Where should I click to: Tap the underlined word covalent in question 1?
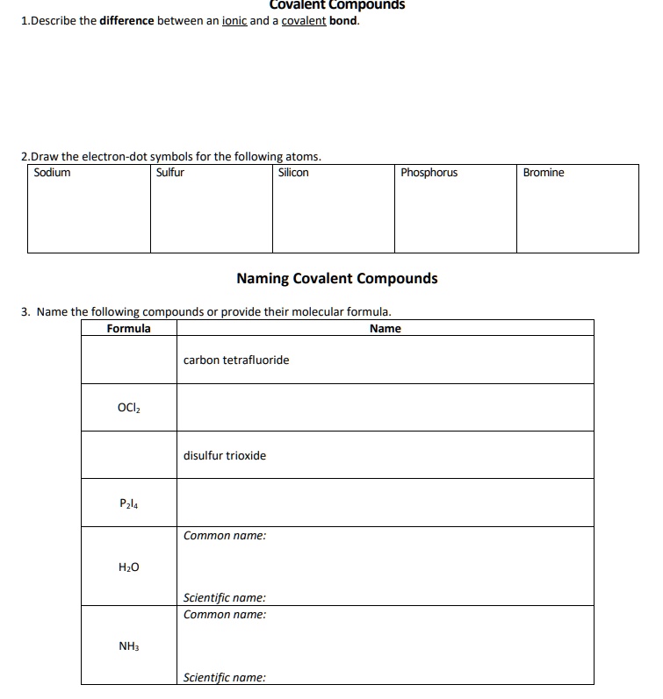point(304,20)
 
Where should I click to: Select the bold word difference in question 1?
point(126,20)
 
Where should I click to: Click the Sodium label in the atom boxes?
point(52,173)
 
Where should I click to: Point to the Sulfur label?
point(170,173)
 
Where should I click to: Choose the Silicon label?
point(293,173)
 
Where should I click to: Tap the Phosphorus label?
point(429,173)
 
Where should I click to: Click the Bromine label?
point(544,173)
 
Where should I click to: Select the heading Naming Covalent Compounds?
point(336,278)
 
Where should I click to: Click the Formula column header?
point(128,329)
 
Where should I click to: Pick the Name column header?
point(385,329)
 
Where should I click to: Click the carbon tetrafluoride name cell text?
point(235,360)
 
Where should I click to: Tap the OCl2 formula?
point(128,407)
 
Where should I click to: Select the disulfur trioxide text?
point(224,455)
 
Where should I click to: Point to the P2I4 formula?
point(128,503)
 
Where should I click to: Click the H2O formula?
point(128,567)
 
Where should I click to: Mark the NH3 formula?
point(128,646)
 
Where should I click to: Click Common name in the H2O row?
point(224,535)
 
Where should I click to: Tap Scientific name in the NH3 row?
point(224,677)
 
